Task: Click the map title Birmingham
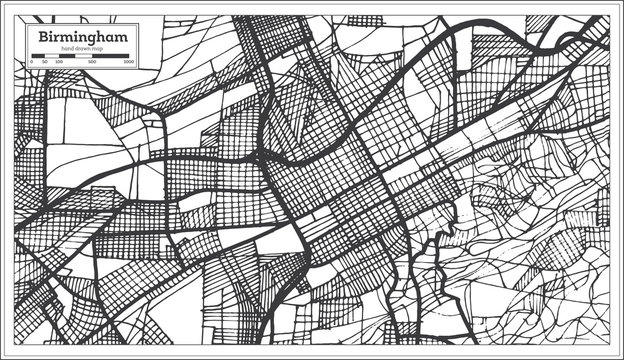click(x=81, y=36)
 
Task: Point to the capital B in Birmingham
click(x=41, y=36)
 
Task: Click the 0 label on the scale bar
click(x=32, y=62)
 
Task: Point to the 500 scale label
click(x=92, y=62)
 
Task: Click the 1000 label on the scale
click(x=129, y=62)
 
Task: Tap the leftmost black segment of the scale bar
click(x=37, y=56)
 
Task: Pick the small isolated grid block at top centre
click(x=364, y=19)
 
